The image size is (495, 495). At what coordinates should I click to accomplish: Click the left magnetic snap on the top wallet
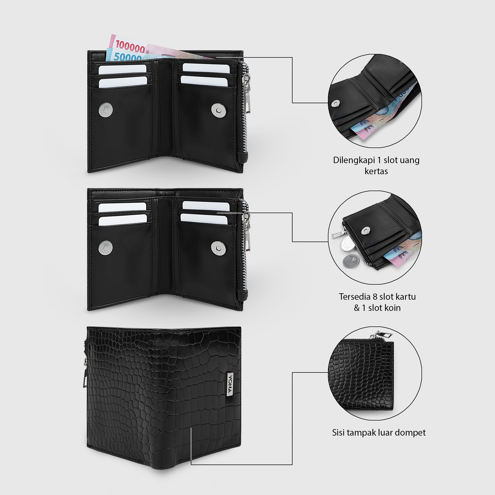106,110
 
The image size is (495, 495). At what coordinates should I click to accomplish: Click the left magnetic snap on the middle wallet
105,248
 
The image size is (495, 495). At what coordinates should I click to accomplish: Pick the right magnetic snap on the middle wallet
218,248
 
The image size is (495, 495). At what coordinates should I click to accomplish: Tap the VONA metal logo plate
230,384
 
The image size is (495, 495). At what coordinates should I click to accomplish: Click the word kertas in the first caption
376,171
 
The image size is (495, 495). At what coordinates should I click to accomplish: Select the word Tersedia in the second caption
355,297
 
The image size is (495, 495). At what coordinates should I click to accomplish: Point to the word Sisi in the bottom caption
338,432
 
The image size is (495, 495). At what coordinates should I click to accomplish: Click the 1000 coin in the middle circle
351,261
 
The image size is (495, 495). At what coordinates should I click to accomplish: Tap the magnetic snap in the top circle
335,103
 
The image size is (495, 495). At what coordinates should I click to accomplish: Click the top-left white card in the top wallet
123,70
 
